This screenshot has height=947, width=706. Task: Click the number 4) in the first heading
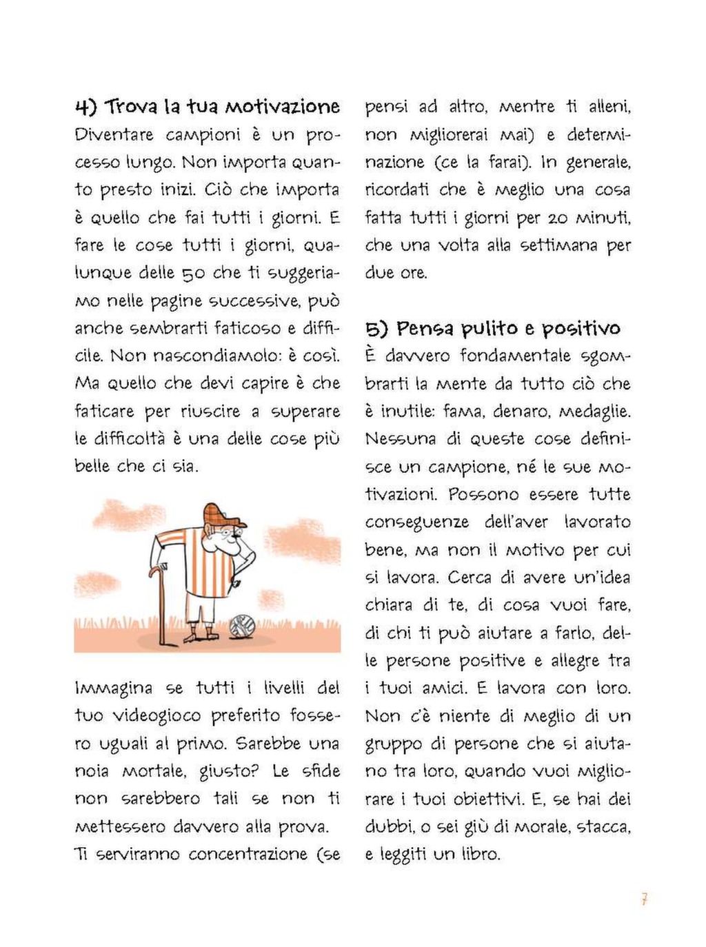pyautogui.click(x=85, y=107)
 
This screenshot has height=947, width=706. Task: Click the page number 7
pyautogui.click(x=644, y=899)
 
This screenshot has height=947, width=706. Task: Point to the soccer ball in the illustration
pyautogui.click(x=242, y=626)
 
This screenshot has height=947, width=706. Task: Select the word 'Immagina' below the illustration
pyautogui.click(x=114, y=688)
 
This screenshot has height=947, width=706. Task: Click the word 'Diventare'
pyautogui.click(x=114, y=134)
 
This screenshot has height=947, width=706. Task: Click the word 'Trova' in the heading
pyautogui.click(x=132, y=107)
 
